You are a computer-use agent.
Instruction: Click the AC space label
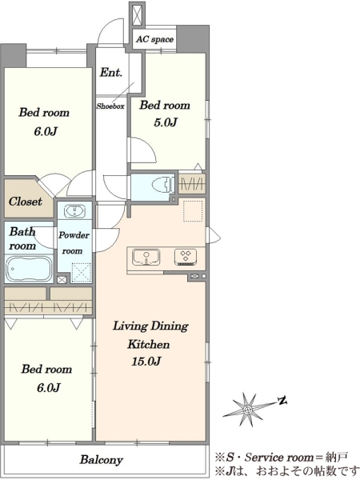click(x=154, y=39)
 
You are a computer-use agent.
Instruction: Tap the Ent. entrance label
click(x=111, y=72)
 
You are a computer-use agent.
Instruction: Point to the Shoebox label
click(x=110, y=106)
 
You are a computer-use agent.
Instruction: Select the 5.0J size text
click(x=166, y=122)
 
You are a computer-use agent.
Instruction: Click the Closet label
click(x=25, y=202)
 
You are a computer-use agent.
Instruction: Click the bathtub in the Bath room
click(x=29, y=269)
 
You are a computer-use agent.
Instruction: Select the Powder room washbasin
click(x=74, y=211)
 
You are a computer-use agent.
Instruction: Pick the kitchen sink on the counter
click(x=146, y=257)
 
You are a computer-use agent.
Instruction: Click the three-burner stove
click(x=186, y=257)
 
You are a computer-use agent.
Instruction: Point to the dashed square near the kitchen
click(x=193, y=211)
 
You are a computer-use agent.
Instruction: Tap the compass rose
click(x=248, y=409)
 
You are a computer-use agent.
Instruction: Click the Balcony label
click(x=102, y=460)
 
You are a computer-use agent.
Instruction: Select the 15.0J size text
click(x=146, y=362)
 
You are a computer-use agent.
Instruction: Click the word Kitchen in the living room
click(x=149, y=344)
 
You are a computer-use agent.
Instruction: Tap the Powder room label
click(x=74, y=242)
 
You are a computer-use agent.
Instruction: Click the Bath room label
click(x=22, y=238)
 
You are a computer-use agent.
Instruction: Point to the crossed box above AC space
click(x=137, y=14)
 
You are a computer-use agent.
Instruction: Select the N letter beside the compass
click(x=282, y=400)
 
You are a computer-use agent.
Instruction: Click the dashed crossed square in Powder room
click(x=81, y=273)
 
